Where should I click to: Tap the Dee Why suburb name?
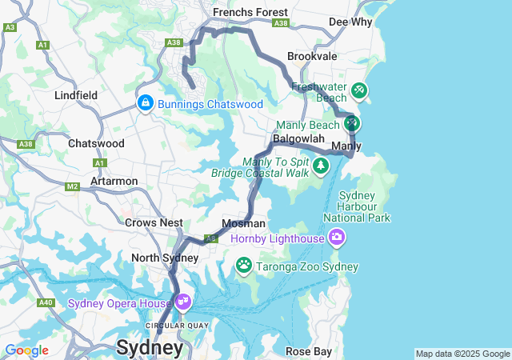(350, 22)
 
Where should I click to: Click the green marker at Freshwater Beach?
(359, 90)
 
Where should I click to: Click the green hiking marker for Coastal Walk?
(321, 166)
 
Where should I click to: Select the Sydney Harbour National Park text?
(364, 206)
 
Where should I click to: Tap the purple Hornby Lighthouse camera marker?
(337, 238)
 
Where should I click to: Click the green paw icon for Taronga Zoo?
(243, 264)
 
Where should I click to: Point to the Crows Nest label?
(154, 222)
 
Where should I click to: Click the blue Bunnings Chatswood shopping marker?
(145, 103)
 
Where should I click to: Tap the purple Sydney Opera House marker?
(183, 302)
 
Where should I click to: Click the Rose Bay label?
(307, 351)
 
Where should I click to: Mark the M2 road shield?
(73, 186)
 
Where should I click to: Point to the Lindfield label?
(76, 95)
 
